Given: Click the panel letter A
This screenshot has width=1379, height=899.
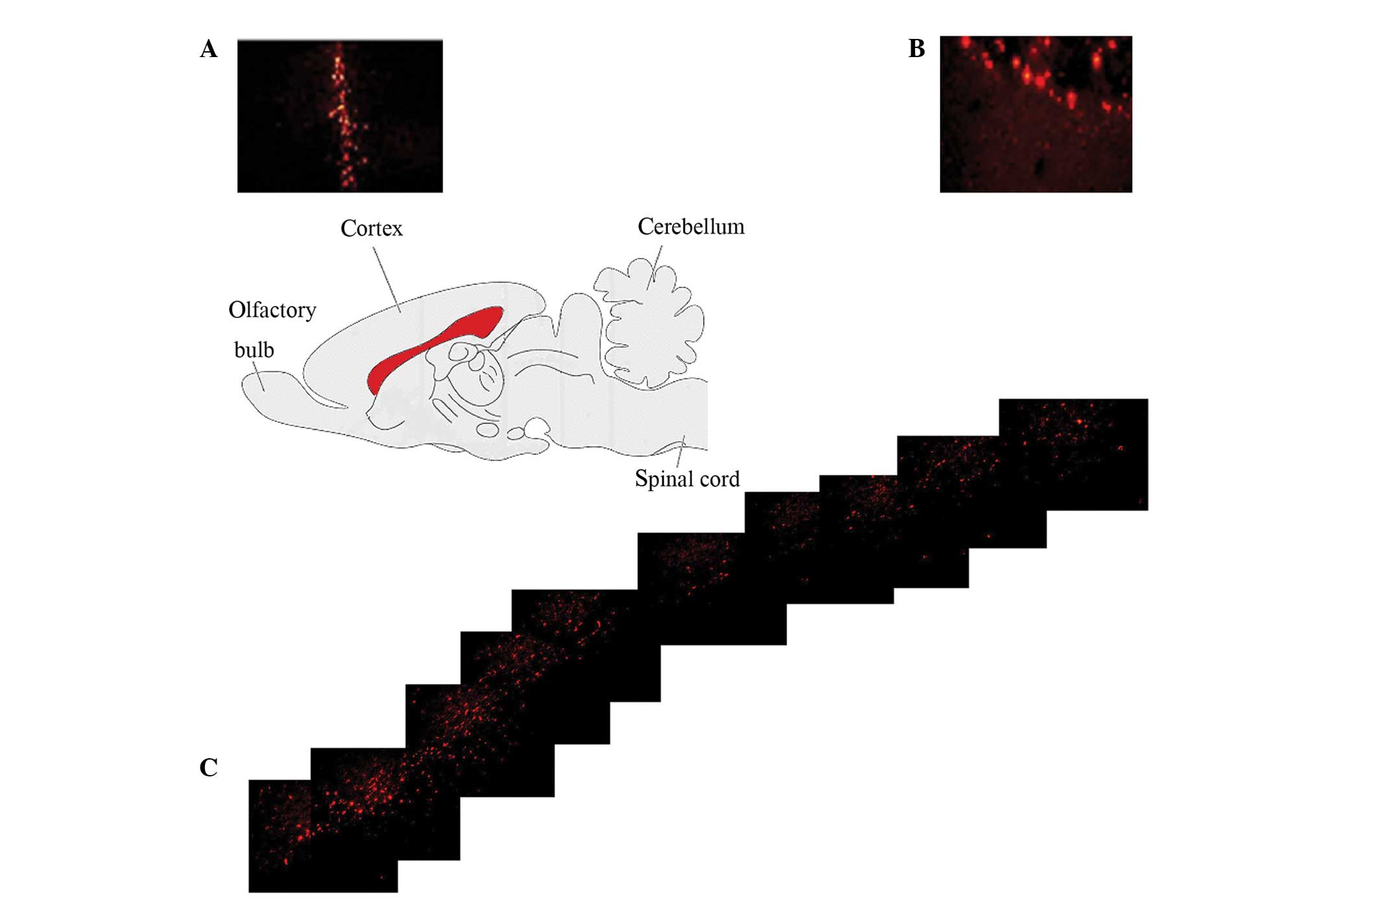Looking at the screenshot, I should click(208, 49).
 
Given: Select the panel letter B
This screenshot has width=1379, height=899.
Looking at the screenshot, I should click(916, 49).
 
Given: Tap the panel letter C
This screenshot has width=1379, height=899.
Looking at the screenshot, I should click(208, 767).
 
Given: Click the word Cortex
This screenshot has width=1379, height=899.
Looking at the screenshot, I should click(371, 228).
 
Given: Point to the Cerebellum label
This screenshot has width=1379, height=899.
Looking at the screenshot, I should click(691, 226).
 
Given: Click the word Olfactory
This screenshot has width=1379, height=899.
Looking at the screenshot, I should click(272, 310).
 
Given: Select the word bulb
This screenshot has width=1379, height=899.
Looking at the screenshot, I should click(254, 350).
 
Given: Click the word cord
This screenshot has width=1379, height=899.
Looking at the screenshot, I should click(720, 479).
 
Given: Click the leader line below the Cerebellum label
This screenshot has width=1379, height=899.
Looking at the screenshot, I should click(655, 266).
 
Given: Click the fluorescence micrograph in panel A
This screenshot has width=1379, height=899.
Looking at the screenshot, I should click(340, 115).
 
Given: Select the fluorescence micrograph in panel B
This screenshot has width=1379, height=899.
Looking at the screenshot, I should click(1035, 114).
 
